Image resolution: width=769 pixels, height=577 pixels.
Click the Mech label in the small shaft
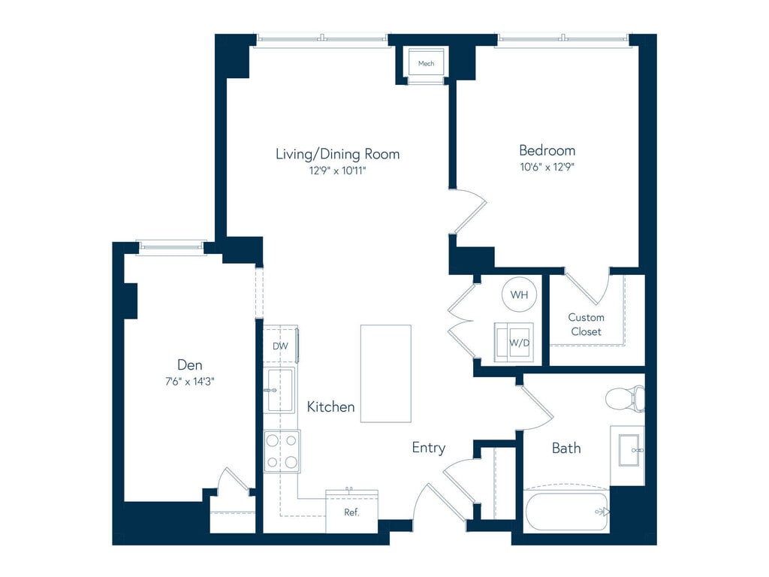pos(426,63)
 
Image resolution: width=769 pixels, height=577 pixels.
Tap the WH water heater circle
pos(519,295)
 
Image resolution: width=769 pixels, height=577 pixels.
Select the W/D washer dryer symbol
pos(514,342)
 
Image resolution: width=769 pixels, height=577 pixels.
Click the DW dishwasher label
pos(280,346)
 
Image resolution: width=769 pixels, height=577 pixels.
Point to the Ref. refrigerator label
pos(351,512)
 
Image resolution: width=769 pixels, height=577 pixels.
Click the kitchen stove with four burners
pos(282,451)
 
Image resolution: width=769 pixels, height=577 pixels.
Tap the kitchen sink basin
pos(280,391)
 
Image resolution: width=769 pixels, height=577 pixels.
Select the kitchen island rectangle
pos(386,373)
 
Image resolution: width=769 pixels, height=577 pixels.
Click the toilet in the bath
pos(624,398)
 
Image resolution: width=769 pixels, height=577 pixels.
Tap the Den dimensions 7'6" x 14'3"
pos(190,381)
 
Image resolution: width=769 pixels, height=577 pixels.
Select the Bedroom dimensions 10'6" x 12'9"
pos(547,167)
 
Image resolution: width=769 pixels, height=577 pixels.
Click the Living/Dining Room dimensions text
pos(337,171)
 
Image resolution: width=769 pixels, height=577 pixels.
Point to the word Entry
pos(429,448)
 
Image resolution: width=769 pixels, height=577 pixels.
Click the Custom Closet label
pos(586,325)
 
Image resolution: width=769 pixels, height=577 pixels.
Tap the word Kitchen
pos(330,406)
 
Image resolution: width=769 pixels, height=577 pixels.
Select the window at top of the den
pos(170,247)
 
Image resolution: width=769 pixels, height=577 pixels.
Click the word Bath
pos(566,448)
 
